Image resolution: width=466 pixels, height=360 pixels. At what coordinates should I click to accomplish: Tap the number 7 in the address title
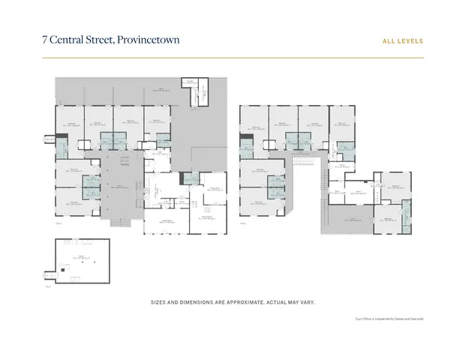(x=45, y=39)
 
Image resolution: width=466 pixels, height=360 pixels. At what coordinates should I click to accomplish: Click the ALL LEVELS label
(x=404, y=40)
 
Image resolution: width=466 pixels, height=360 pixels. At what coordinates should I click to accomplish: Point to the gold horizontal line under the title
(x=233, y=58)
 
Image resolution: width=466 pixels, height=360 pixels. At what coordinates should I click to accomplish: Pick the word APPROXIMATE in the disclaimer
(x=242, y=301)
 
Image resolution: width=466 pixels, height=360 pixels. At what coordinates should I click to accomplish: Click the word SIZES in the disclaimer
(x=160, y=301)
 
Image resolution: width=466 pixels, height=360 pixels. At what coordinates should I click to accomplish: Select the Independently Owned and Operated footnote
(x=389, y=319)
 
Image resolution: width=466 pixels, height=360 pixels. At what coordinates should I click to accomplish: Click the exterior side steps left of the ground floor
(x=50, y=137)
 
